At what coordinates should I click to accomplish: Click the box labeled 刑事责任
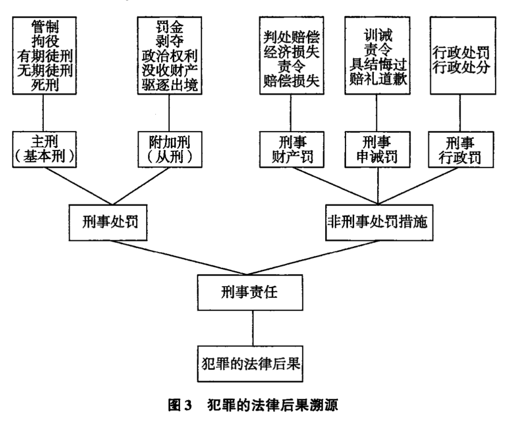250,292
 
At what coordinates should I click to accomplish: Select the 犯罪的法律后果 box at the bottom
250,364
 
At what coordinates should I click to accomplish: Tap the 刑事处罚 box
108,222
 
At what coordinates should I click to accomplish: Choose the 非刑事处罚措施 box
379,222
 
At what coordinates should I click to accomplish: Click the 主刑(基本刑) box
44,150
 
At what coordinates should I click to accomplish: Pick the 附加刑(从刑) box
170,150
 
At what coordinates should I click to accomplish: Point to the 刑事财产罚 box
292,150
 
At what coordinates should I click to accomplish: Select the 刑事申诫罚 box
377,150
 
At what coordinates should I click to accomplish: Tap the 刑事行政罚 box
461,150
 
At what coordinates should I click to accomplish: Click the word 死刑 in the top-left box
45,85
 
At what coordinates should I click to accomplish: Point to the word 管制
45,27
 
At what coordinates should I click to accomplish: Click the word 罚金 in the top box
169,27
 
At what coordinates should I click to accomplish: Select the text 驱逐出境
170,85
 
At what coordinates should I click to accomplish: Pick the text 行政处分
461,68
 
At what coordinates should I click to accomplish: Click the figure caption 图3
180,405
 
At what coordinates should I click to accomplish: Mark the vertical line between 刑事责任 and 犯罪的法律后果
252,329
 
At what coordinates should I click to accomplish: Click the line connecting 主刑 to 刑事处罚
79,186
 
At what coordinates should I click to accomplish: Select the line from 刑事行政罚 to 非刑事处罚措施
418,186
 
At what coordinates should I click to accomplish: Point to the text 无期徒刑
45,70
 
